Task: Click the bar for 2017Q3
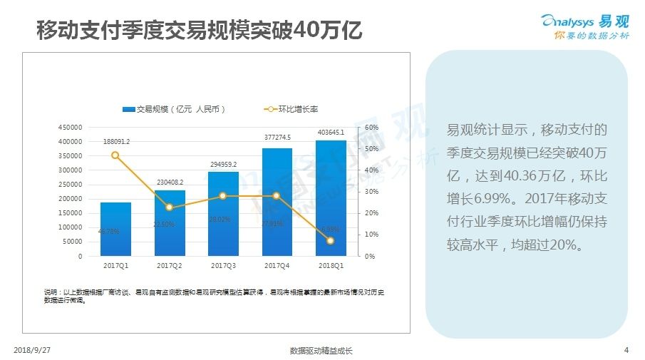pos(223,214)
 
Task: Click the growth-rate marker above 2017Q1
pos(115,155)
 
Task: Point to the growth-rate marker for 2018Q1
pos(331,241)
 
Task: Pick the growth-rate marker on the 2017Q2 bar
pos(170,207)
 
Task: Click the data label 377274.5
pos(277,138)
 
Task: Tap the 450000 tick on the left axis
pos(69,128)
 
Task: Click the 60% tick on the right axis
pos(371,128)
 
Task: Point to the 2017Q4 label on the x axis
pos(277,266)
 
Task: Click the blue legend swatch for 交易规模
pos(129,109)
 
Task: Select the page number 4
pos(626,350)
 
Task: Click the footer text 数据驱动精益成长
pos(321,351)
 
